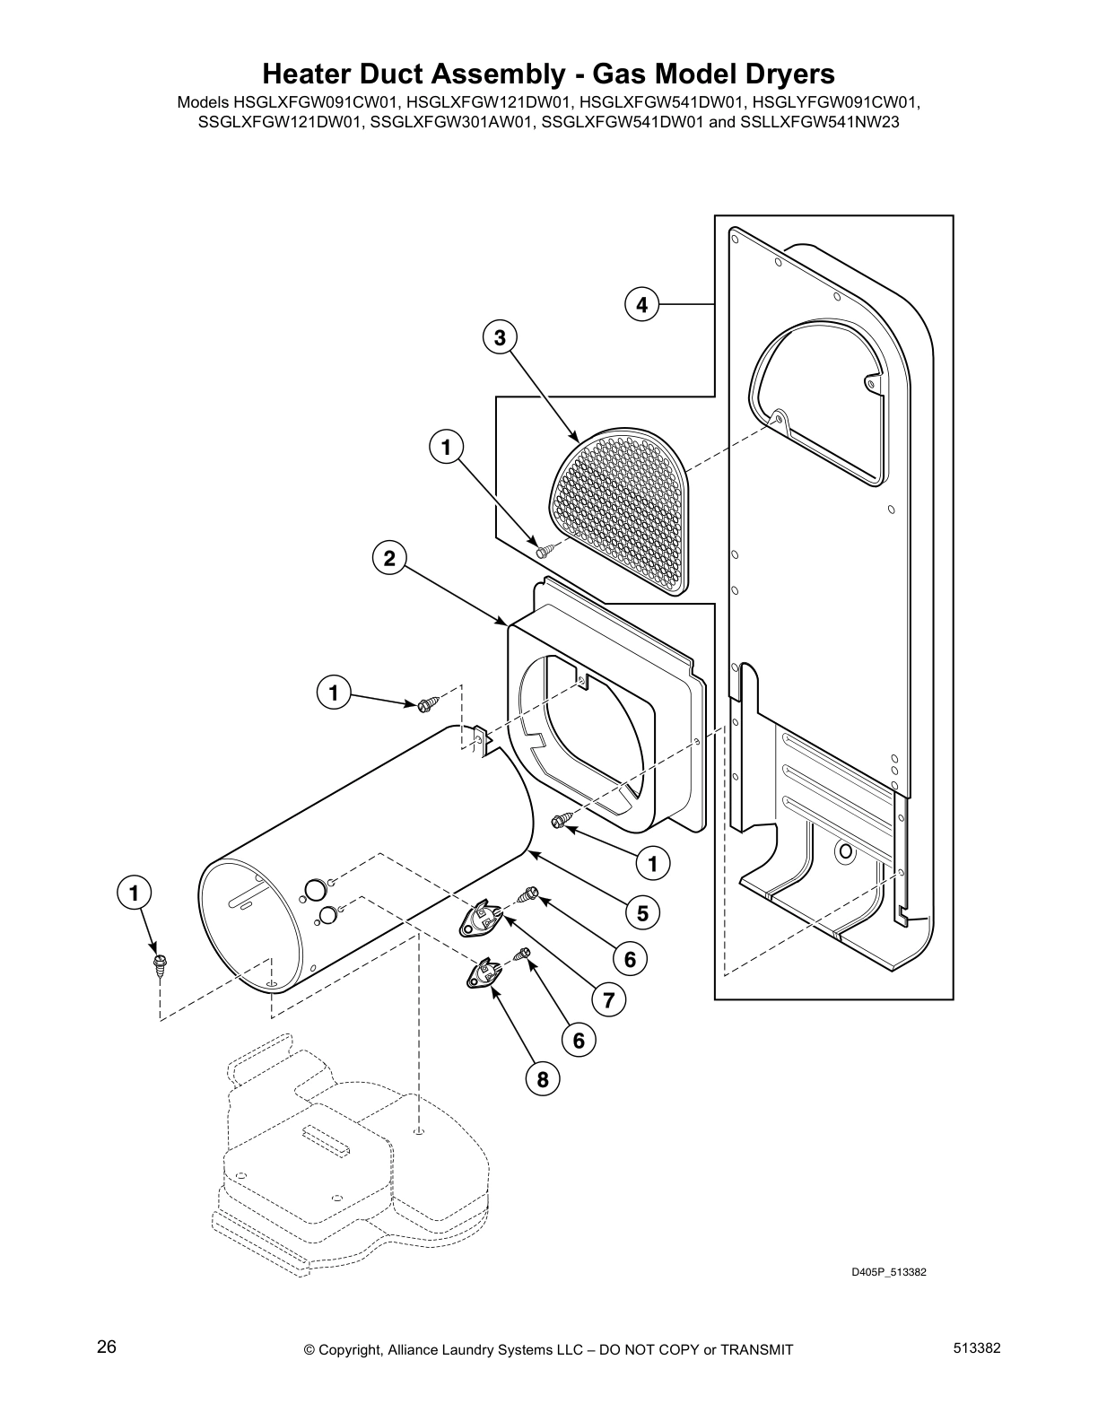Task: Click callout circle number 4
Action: (x=641, y=305)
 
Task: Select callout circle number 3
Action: (x=500, y=337)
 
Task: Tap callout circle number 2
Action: (x=388, y=559)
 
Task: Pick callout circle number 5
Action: (x=643, y=913)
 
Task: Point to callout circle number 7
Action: (x=608, y=999)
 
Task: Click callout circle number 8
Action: (x=543, y=1079)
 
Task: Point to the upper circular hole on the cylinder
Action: (x=314, y=890)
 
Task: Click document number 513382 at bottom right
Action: (x=976, y=1347)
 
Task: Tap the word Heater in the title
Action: (x=307, y=73)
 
